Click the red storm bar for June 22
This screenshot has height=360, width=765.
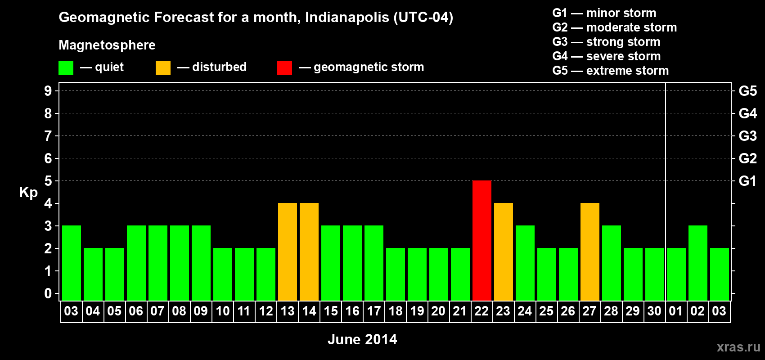click(x=481, y=240)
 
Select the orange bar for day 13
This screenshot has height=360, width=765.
click(x=288, y=252)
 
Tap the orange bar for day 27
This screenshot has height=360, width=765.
click(x=589, y=252)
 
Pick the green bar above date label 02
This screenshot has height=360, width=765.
click(x=697, y=263)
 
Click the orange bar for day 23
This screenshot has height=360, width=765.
click(x=503, y=252)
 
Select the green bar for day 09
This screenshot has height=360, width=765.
click(x=201, y=263)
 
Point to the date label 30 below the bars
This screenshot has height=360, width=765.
click(x=654, y=311)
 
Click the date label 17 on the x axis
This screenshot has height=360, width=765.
click(x=374, y=311)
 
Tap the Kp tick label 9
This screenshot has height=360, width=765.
click(x=48, y=91)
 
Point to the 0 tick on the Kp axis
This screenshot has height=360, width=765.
click(x=48, y=293)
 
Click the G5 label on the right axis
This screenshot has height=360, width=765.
click(x=747, y=91)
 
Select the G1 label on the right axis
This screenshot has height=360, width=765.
click(x=747, y=181)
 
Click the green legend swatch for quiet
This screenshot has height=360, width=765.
click(x=66, y=68)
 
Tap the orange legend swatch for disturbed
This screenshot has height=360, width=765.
click(x=163, y=68)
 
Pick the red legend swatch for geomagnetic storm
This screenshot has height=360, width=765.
click(x=284, y=68)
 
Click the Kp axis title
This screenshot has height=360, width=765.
click(x=28, y=192)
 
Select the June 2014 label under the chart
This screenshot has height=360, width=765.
click(x=362, y=339)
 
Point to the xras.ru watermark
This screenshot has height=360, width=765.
click(x=738, y=347)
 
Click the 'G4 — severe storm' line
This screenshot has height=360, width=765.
click(x=606, y=56)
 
